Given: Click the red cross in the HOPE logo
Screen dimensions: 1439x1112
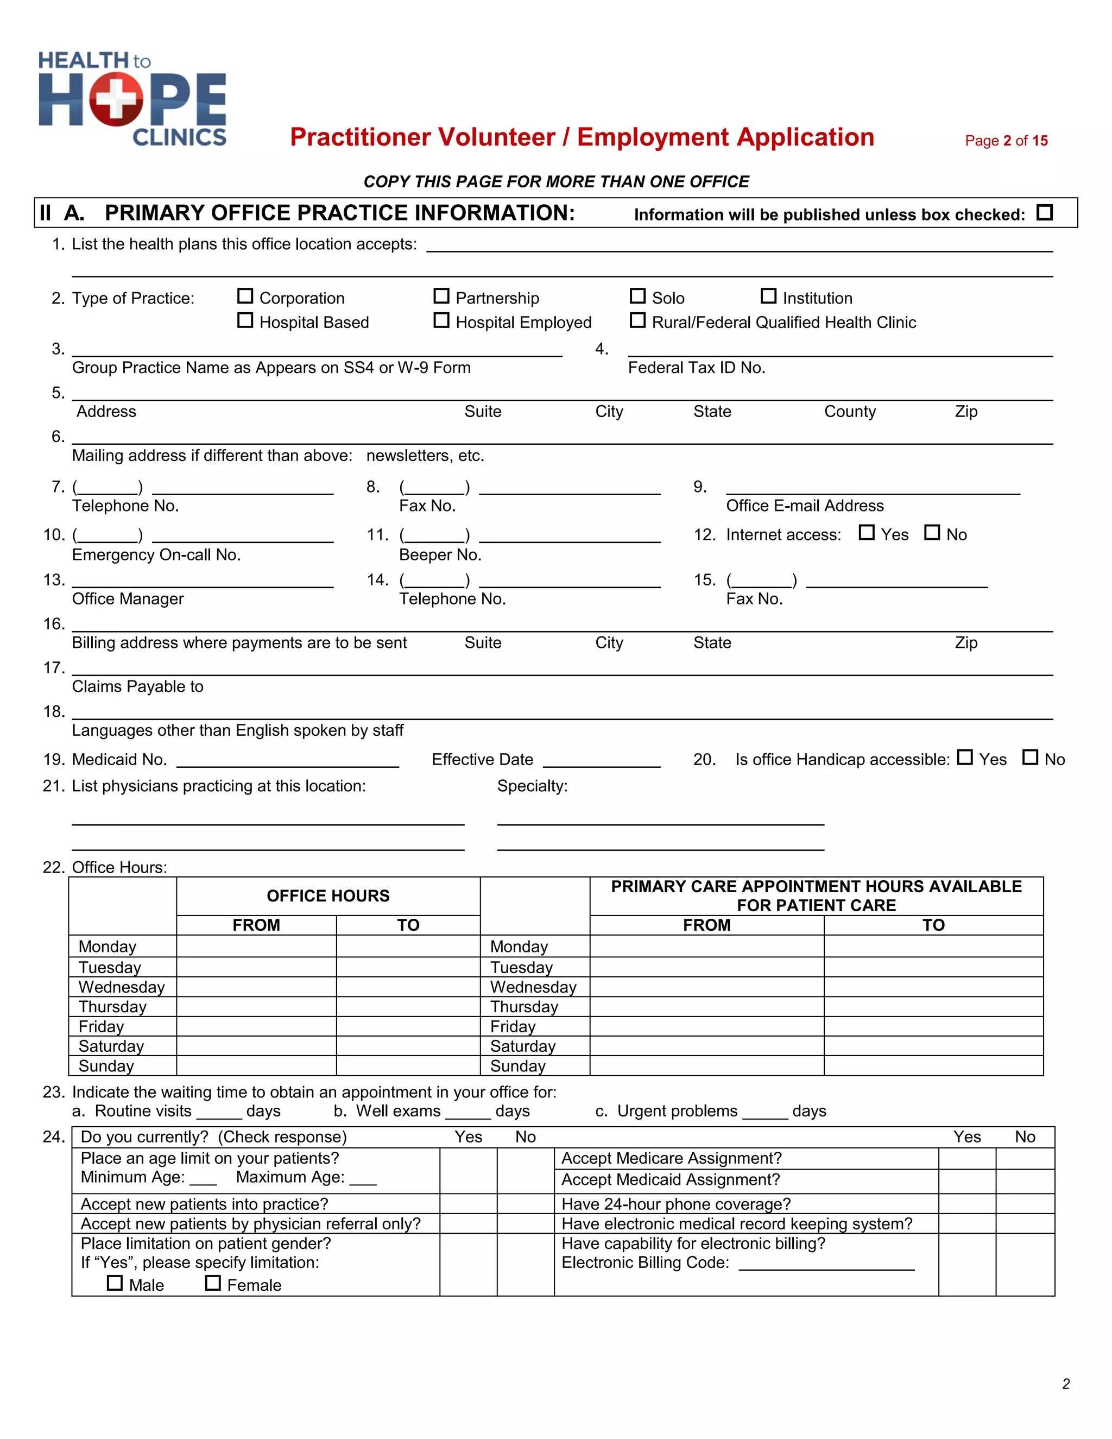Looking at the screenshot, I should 116,99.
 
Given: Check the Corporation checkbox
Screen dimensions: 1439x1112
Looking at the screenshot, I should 245,296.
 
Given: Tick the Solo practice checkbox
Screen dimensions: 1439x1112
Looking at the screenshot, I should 637,296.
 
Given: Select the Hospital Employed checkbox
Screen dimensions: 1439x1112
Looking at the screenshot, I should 441,321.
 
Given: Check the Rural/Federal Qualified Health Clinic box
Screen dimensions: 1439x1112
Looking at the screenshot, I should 637,321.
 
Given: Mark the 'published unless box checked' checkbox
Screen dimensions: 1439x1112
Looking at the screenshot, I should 1044,213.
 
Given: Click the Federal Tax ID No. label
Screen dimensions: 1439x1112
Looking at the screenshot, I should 696,368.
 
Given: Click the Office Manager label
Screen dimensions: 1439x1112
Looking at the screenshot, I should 128,599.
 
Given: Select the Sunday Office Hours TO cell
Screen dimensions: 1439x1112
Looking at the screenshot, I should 408,1066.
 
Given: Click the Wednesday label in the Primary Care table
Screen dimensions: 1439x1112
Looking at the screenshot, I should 533,987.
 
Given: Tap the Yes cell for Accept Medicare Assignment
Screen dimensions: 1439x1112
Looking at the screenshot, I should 966,1159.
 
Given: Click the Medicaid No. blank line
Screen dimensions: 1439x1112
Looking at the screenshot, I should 288,761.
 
